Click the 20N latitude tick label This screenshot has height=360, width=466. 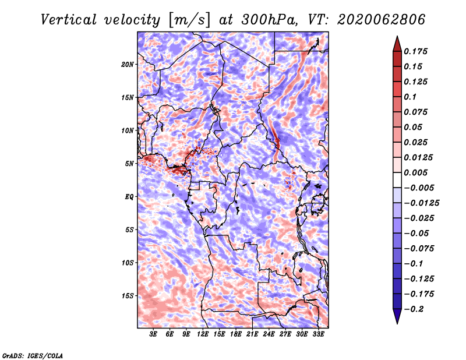(128, 65)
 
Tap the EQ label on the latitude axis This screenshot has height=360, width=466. (129, 197)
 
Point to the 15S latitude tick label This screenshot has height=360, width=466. (128, 296)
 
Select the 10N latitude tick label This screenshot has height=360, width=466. (128, 130)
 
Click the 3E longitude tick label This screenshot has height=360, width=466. (153, 334)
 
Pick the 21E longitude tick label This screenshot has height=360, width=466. (252, 334)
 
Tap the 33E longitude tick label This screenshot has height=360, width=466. (319, 334)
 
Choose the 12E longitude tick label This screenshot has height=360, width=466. (203, 334)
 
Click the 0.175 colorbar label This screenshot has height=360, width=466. (415, 51)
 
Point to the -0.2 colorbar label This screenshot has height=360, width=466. (414, 309)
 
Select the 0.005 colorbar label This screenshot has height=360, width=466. (415, 172)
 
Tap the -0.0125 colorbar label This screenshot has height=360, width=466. (421, 203)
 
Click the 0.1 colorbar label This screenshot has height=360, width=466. (410, 97)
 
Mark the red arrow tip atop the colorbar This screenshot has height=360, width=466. (397, 37)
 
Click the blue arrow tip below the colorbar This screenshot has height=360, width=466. (397, 323)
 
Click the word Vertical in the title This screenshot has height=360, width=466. (69, 20)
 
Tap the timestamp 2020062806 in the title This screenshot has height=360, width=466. (382, 20)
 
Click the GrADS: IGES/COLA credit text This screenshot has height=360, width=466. (33, 355)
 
